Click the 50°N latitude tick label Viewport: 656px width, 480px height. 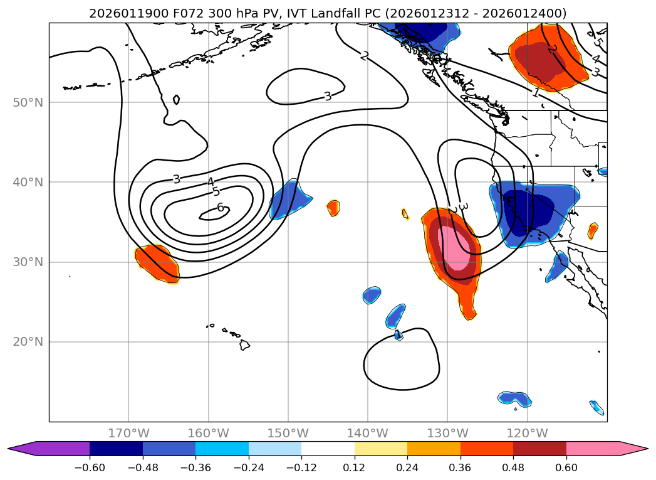(28, 102)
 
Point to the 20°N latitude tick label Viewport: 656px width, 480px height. (28, 342)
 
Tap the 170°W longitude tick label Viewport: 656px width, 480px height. (128, 433)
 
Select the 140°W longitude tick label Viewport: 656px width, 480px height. (368, 433)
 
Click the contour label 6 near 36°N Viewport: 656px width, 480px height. (220, 207)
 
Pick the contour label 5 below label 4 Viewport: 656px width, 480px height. (216, 192)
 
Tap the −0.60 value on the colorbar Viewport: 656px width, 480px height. (90, 467)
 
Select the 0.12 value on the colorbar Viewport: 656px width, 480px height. (354, 467)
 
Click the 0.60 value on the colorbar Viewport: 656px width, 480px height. (566, 467)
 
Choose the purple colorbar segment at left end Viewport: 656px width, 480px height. (56, 448)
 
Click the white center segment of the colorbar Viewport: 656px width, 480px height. (328, 448)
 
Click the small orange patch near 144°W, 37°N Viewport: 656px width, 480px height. (333, 208)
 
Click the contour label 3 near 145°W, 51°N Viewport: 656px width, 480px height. (327, 97)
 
